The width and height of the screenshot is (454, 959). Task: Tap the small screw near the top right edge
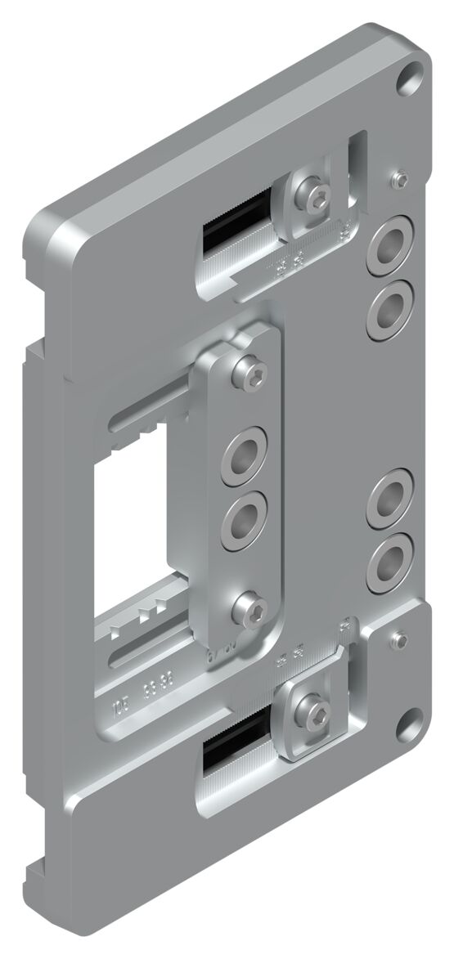(x=399, y=179)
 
